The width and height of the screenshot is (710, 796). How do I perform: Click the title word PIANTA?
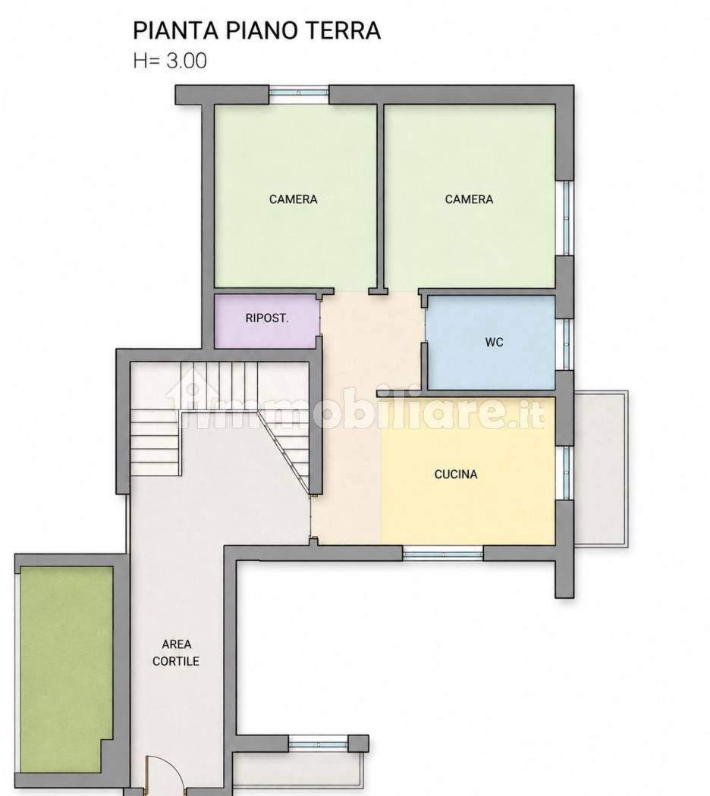click(x=176, y=30)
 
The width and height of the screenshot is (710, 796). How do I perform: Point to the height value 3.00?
click(x=187, y=61)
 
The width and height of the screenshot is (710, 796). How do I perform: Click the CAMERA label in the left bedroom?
click(x=293, y=199)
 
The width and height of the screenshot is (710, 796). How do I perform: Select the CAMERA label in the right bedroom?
click(x=469, y=199)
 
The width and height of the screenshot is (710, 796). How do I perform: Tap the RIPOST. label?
click(x=267, y=318)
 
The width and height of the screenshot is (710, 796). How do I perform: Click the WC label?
click(x=494, y=342)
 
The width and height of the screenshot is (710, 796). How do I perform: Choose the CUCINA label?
click(x=456, y=474)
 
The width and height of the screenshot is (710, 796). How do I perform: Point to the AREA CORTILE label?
click(x=176, y=652)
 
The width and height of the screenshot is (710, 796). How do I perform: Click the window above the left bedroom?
click(x=299, y=94)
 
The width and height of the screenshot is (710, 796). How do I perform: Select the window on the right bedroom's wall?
click(x=565, y=218)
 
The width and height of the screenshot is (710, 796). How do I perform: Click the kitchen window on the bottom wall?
click(x=443, y=553)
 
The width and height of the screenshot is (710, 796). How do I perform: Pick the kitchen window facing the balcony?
click(x=565, y=472)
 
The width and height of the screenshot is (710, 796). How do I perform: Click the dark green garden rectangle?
click(x=66, y=670)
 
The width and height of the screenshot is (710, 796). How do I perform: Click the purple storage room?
click(x=267, y=321)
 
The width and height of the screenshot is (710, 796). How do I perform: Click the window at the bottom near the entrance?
click(x=319, y=744)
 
